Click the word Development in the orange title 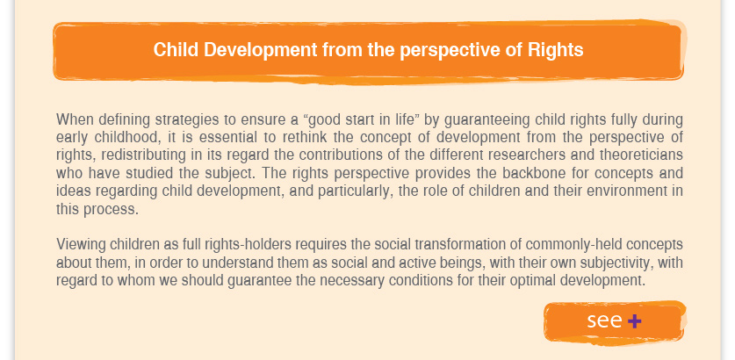[x=261, y=50]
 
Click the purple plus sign [x=634, y=321]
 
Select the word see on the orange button [x=604, y=320]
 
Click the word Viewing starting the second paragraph [x=81, y=245]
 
